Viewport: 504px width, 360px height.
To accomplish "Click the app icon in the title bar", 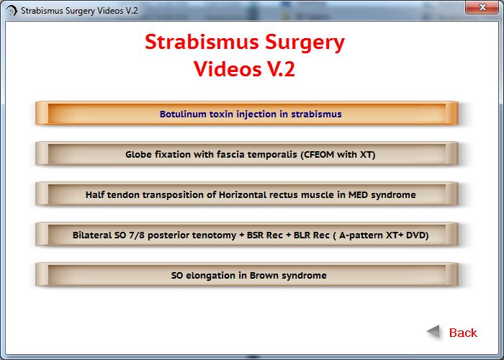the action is coord(12,11).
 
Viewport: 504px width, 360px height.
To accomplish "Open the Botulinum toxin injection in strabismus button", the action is coord(247,114).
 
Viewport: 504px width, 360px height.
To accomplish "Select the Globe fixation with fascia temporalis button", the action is coord(247,154).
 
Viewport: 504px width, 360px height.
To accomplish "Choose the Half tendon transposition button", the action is coord(247,194).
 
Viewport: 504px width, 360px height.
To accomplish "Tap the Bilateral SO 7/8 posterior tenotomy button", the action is coord(247,235).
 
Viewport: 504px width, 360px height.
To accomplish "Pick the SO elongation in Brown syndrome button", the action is coord(247,275).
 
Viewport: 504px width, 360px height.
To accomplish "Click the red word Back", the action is coord(463,333).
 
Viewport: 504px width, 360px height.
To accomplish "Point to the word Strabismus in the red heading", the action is coord(202,42).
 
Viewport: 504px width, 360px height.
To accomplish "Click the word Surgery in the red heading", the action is coord(305,43).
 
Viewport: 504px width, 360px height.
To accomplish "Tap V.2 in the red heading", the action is coord(281,69).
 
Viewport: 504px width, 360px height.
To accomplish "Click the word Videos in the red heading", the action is coord(228,69).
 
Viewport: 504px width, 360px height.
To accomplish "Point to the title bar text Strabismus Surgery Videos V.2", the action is coord(79,11).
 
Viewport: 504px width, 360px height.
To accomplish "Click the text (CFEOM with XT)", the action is coord(338,155).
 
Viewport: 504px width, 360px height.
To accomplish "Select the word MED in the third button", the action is coord(358,195).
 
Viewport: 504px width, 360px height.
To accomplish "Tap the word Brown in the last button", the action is coord(264,276).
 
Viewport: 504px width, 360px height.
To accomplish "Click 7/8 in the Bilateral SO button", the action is coord(137,235).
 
